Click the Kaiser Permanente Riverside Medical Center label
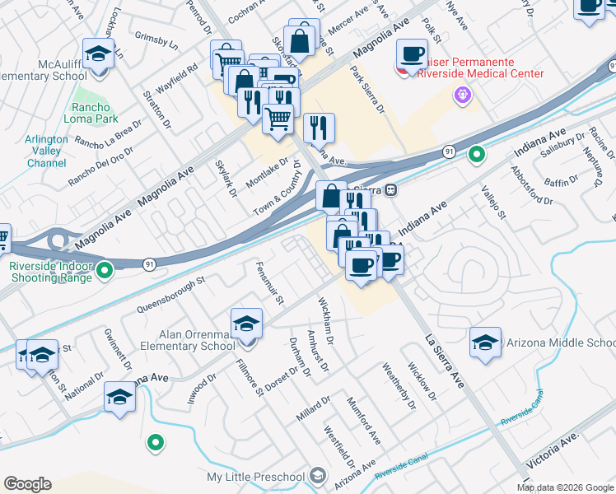(471, 68)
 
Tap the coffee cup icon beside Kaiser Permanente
(412, 54)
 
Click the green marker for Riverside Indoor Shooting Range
(105, 269)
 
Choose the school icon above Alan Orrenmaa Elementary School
(246, 324)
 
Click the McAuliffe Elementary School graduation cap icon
(99, 54)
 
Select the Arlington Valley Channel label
(46, 151)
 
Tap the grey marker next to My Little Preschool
(317, 477)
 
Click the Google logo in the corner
(28, 484)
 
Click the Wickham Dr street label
(326, 321)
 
